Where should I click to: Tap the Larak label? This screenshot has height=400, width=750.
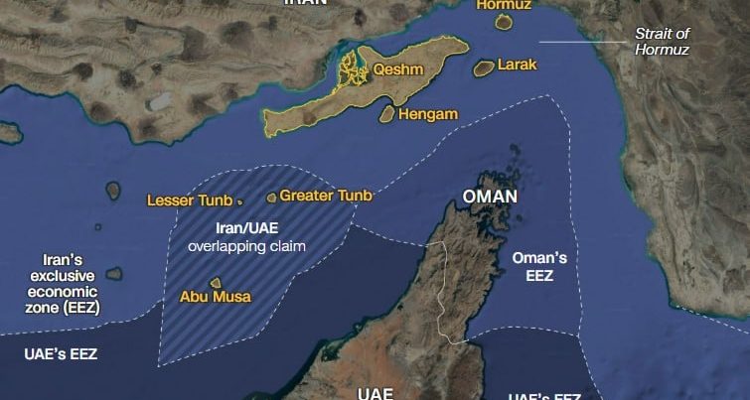click(517, 65)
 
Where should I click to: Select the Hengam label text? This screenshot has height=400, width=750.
click(428, 114)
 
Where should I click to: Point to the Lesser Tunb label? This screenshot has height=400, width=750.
click(189, 200)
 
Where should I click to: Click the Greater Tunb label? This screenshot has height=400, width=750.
click(325, 196)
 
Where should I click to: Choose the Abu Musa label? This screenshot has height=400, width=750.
click(216, 297)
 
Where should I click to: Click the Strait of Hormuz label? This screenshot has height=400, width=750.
click(662, 41)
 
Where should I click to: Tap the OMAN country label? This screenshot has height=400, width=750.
click(490, 197)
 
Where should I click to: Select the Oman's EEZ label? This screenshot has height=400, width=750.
click(539, 266)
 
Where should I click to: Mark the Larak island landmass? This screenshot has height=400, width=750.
click(484, 67)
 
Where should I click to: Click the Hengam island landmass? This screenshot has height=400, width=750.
click(386, 115)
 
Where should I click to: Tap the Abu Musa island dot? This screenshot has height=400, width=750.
click(215, 283)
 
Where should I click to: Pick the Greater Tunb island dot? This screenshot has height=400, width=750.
click(271, 198)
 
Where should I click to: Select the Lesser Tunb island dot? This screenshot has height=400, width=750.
click(240, 201)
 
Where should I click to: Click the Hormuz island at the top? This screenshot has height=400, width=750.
click(503, 22)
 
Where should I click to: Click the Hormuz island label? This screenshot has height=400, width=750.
click(504, 4)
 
